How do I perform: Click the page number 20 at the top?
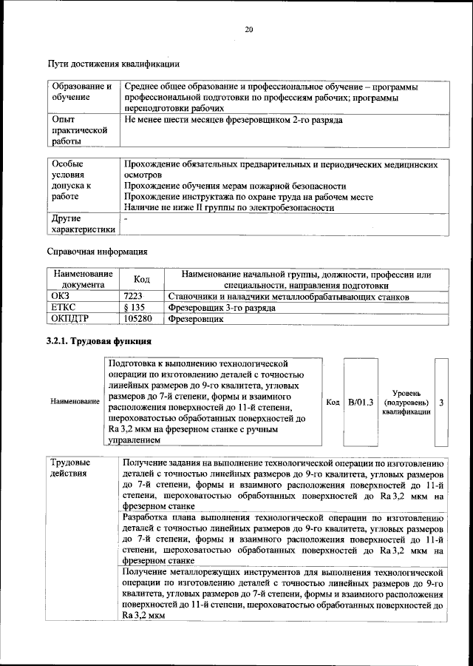248,30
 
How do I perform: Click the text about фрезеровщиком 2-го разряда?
234,119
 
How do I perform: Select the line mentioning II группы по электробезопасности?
229,208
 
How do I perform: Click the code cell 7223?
135,297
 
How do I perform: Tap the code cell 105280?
138,319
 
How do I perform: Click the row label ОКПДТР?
69,319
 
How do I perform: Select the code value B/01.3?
361,402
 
